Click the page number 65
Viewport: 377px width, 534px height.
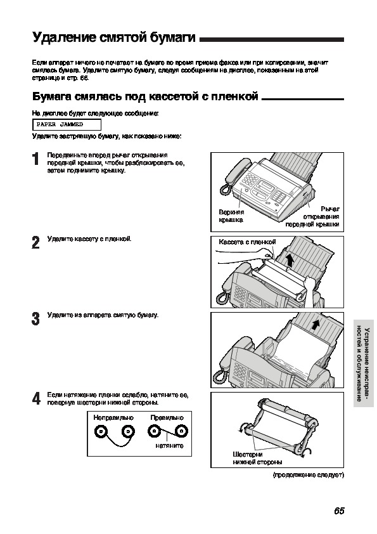pos(339,511)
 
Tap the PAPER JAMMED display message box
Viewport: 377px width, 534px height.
pos(67,125)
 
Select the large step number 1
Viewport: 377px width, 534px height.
pos(36,159)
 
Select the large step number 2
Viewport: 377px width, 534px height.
pos(35,242)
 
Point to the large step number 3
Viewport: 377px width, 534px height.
pos(35,319)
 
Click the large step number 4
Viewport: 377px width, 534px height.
pos(36,399)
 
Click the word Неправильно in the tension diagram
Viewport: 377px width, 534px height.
pos(113,417)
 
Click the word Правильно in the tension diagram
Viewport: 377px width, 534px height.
pos(167,417)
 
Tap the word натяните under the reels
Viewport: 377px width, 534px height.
pos(169,445)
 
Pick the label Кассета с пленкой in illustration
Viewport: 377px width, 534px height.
pos(247,242)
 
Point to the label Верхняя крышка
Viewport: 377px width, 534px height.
pos(231,216)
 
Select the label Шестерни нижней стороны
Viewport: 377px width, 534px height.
pos(257,458)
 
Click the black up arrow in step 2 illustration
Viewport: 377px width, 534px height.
pos(290,261)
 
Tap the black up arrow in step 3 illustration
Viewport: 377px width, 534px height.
pos(316,324)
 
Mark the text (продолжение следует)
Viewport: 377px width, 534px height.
pos(309,475)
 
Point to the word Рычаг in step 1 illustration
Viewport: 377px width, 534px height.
pos(330,209)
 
